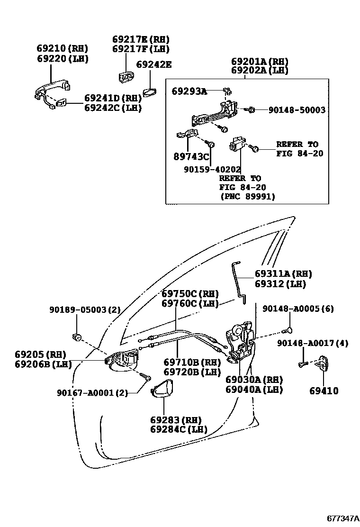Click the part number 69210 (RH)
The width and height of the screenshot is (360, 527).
point(62,48)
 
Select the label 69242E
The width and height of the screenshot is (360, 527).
point(154,64)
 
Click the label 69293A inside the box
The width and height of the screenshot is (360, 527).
point(189,91)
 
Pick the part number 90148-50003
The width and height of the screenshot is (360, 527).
point(297,110)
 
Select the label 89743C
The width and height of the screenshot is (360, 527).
point(191,156)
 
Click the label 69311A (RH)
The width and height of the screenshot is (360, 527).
point(283,274)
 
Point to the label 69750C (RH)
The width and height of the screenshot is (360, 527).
point(189,293)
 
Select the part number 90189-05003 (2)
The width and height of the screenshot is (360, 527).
point(85,310)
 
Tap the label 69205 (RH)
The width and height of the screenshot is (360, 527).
point(40,354)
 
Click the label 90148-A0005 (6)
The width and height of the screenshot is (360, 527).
point(298,309)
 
